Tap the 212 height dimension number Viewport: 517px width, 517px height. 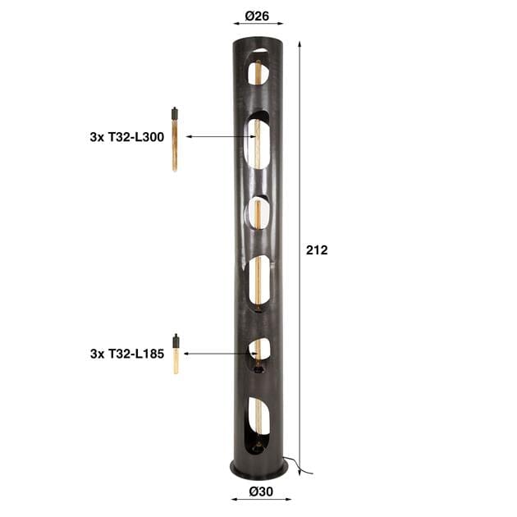pos(317,250)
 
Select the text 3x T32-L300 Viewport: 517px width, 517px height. pos(127,138)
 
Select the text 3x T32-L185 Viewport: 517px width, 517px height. pos(127,355)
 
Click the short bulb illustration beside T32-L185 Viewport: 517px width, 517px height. pos(176,354)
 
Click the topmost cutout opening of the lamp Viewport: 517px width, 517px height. pos(259,66)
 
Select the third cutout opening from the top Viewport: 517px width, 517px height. pos(258,212)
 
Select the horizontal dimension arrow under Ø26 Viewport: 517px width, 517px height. pos(258,26)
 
